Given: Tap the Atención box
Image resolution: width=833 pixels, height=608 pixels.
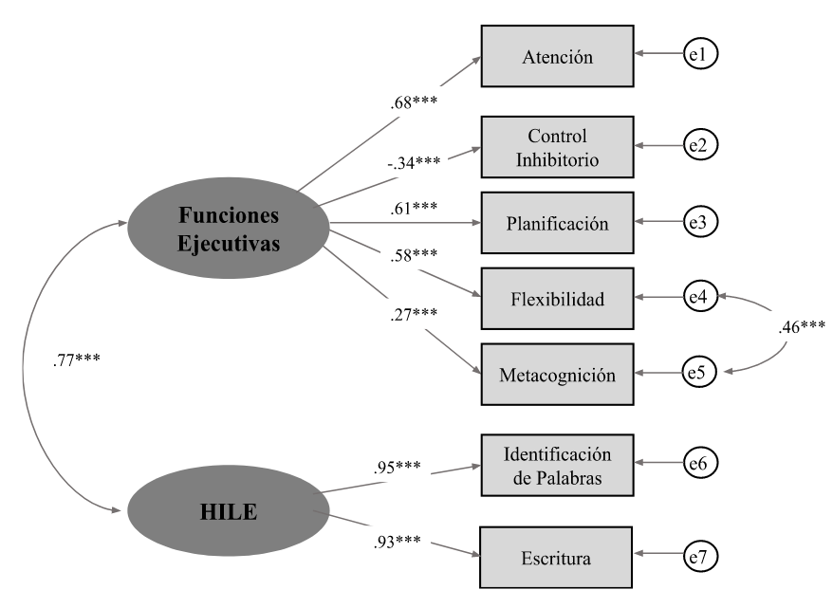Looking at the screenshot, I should [x=557, y=57].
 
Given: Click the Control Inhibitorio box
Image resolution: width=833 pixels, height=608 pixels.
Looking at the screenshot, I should [x=557, y=147].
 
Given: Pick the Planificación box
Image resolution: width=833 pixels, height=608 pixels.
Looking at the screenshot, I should [x=557, y=224].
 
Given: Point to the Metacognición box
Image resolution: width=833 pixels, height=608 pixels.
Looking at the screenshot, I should [x=557, y=375].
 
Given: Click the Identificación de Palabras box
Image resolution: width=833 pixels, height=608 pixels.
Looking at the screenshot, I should [x=557, y=464].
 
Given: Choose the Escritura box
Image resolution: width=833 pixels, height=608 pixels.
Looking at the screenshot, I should [x=557, y=558].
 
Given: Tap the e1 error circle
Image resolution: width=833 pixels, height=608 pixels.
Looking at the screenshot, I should [x=700, y=57].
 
